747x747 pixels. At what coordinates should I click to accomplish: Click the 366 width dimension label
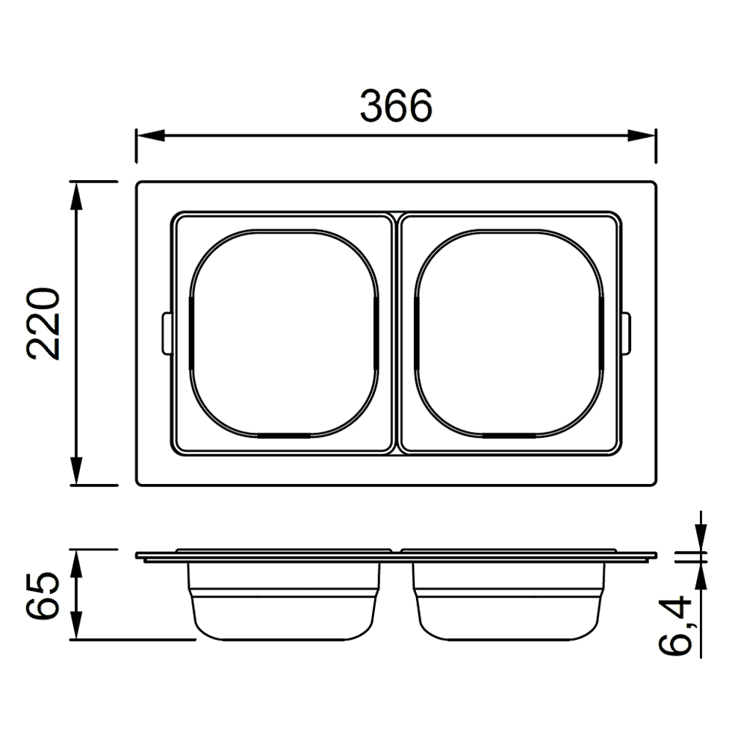(396, 105)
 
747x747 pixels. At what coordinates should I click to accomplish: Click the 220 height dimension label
(43, 323)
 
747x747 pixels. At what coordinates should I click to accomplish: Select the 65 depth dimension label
(43, 595)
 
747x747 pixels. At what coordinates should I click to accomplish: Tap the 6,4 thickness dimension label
(675, 625)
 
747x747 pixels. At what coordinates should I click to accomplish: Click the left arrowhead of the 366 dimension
(150, 135)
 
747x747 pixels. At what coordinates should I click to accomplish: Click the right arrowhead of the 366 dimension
(642, 135)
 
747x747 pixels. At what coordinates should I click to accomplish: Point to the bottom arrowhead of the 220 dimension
(76, 471)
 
